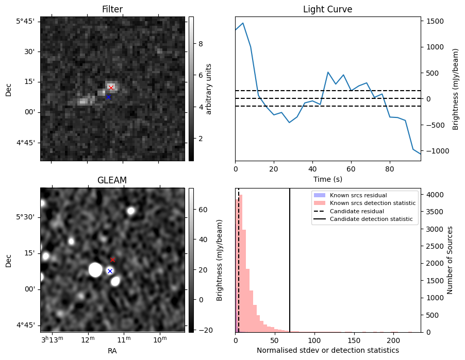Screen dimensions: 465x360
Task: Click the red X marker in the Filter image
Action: coord(111,88)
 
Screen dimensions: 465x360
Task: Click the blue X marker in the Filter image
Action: coord(109,97)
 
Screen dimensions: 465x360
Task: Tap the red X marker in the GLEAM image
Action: coord(112,260)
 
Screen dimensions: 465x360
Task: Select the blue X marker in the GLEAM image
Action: coord(110,271)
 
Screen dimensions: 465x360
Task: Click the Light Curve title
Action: coord(328,9)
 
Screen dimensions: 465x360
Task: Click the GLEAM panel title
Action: coord(112,180)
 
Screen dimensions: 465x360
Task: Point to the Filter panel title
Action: coord(112,9)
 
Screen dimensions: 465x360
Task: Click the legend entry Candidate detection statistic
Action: coord(371,219)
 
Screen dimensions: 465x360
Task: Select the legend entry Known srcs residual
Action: coord(358,195)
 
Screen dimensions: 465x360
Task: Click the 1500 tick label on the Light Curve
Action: coord(435,21)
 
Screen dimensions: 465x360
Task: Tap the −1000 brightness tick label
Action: coord(434,151)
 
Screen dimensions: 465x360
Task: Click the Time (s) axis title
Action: coord(328,179)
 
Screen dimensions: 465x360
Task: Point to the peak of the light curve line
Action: coord(243,23)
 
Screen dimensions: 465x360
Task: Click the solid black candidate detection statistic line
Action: coord(290,260)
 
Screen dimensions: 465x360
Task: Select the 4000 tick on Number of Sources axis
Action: coord(435,195)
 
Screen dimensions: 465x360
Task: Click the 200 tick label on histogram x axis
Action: coord(393,340)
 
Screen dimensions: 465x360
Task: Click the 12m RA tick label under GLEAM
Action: coord(88,339)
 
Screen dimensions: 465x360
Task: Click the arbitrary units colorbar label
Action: coord(208,89)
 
